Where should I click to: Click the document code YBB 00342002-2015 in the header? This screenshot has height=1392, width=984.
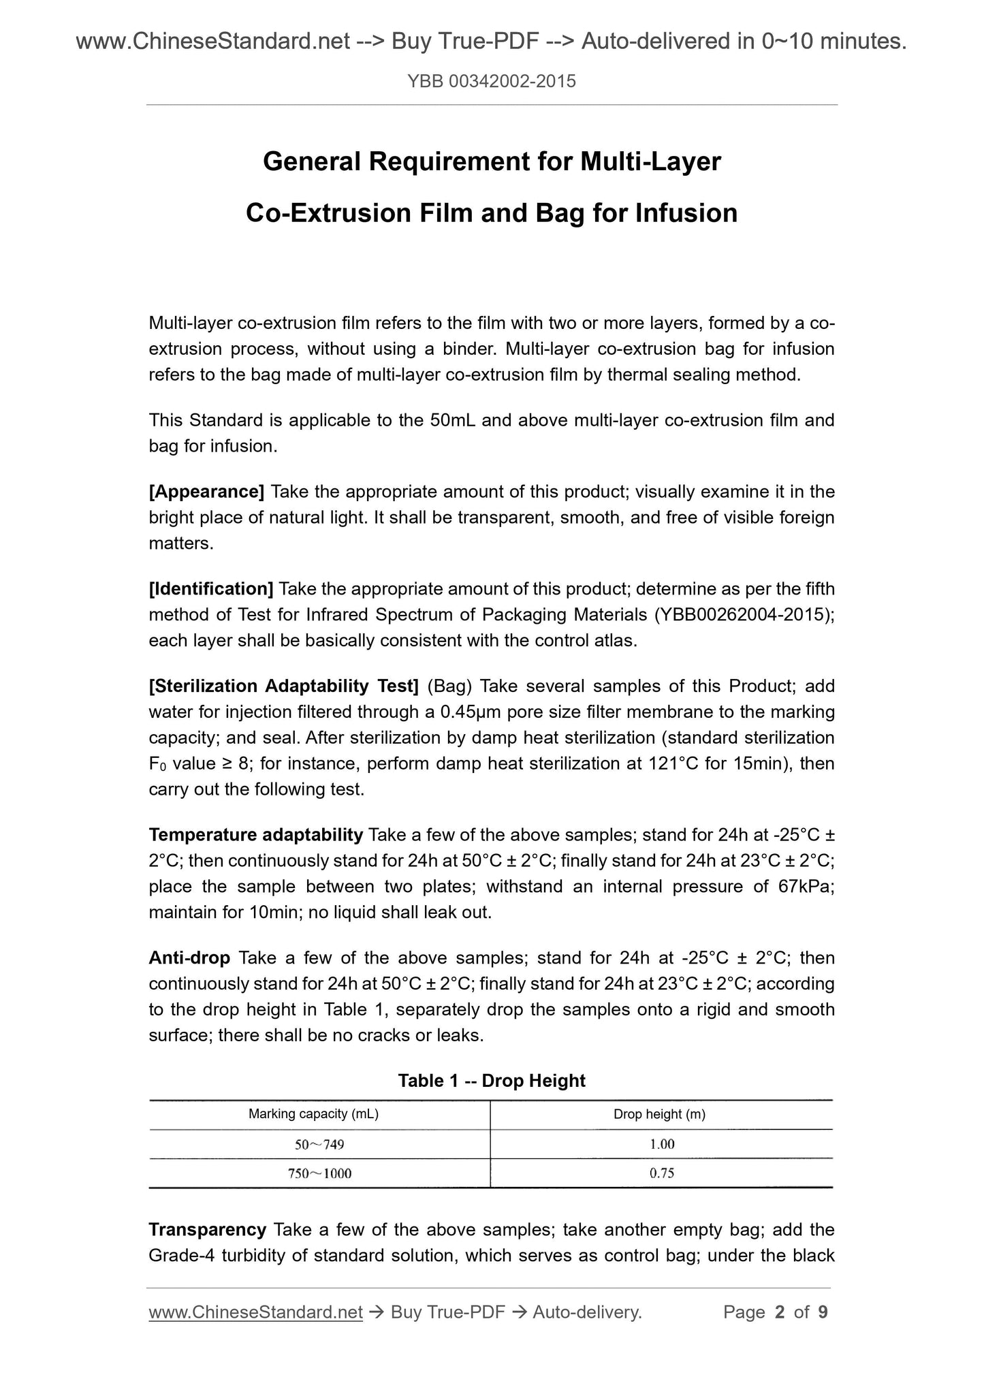491,82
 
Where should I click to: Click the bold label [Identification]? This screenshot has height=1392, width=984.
211,588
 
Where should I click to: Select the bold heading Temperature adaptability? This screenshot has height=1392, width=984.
255,835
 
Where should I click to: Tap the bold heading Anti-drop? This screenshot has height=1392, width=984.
189,958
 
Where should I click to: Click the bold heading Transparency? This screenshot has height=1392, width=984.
207,1230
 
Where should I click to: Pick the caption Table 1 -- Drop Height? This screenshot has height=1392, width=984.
491,1081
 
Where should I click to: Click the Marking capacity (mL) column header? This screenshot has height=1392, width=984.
313,1115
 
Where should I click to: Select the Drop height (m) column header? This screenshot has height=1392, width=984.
659,1115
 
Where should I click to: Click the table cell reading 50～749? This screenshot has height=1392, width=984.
319,1145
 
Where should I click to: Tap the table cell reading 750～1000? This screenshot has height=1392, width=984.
319,1173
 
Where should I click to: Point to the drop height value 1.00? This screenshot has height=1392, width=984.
661,1144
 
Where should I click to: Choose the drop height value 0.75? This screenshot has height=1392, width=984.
661,1173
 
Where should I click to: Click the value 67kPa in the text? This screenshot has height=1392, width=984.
805,887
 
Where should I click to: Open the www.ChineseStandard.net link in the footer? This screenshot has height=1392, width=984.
255,1312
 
